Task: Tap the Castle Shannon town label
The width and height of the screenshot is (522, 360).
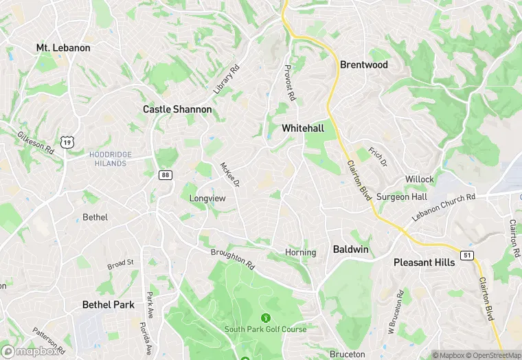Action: point(177,109)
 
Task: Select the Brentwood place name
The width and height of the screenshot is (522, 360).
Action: point(364,65)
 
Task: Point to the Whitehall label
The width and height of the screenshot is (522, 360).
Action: point(303,128)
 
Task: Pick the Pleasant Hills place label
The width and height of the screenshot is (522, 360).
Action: point(424,262)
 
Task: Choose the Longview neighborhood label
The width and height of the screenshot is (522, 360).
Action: point(207,198)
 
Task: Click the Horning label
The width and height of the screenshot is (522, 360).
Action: point(300,252)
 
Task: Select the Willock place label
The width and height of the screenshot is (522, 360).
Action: point(419,179)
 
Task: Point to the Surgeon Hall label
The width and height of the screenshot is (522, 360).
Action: point(402,196)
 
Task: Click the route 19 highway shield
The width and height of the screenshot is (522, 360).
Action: point(67,142)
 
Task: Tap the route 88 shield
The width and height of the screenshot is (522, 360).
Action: point(165,175)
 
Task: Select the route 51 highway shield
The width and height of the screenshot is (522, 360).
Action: point(466,256)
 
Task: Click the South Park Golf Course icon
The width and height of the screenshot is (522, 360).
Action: point(266,317)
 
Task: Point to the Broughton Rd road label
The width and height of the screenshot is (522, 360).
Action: point(233,258)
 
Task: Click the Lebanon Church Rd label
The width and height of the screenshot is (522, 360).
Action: point(443,207)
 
